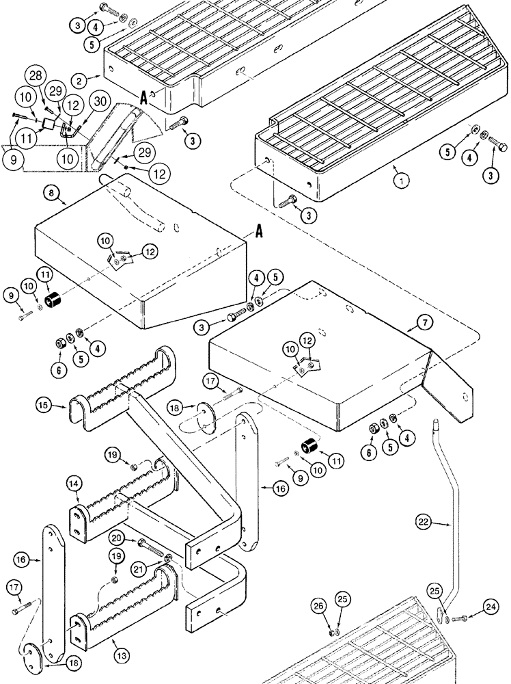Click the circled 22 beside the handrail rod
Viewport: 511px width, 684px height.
tap(423, 522)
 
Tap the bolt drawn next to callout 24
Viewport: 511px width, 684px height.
tap(458, 618)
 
